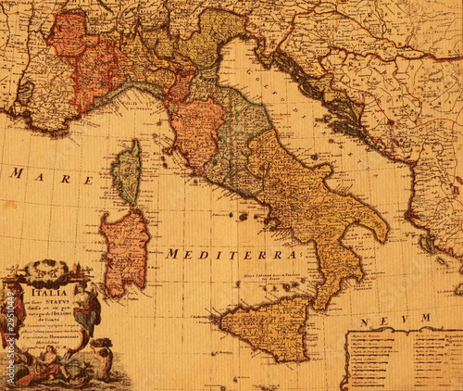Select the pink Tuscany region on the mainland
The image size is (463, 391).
pyautogui.click(x=196, y=130)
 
